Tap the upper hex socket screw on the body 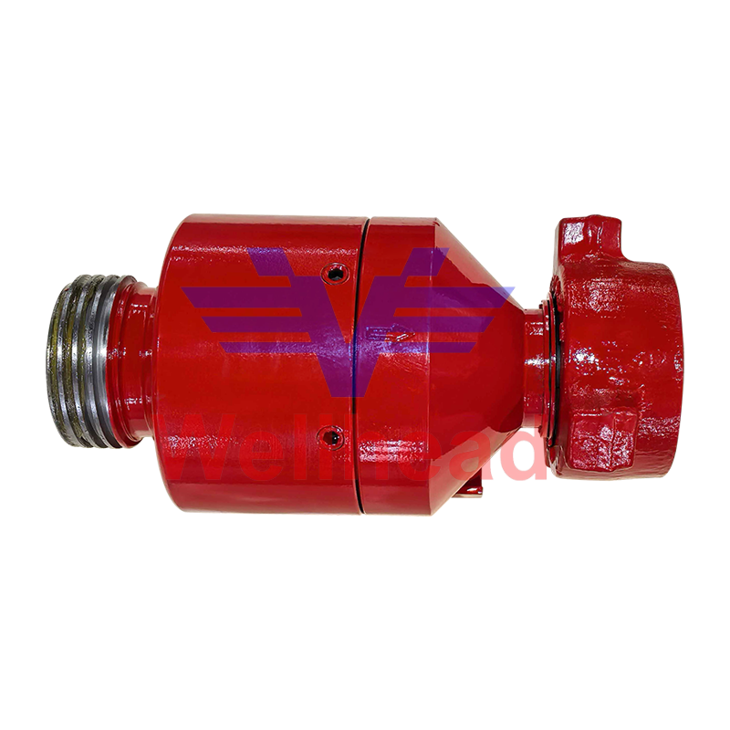pyautogui.click(x=336, y=272)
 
